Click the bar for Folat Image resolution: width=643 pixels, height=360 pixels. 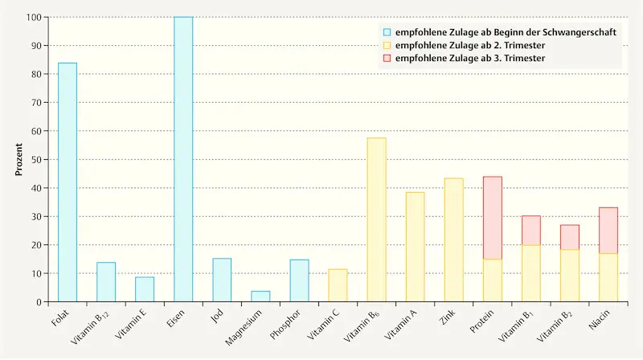pos(67,182)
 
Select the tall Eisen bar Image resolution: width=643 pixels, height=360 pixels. pos(183,159)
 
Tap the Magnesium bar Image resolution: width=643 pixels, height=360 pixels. pos(260,297)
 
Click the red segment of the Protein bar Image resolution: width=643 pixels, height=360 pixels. pos(492,218)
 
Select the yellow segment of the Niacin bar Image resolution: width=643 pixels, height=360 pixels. pos(608,278)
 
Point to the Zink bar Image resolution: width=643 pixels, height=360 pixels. pos(453,240)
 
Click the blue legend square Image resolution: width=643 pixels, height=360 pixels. pos(387,32)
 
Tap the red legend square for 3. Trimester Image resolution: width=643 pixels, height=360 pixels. pos(387,59)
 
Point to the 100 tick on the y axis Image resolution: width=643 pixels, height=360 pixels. pos(34,17)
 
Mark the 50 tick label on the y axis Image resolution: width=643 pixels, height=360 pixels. pos(36,159)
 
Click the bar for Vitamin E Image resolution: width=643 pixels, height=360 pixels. pos(145,289)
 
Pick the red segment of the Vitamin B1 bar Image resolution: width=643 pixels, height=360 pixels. pos(530,231)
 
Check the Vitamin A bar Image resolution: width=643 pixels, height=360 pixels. pos(415,247)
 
